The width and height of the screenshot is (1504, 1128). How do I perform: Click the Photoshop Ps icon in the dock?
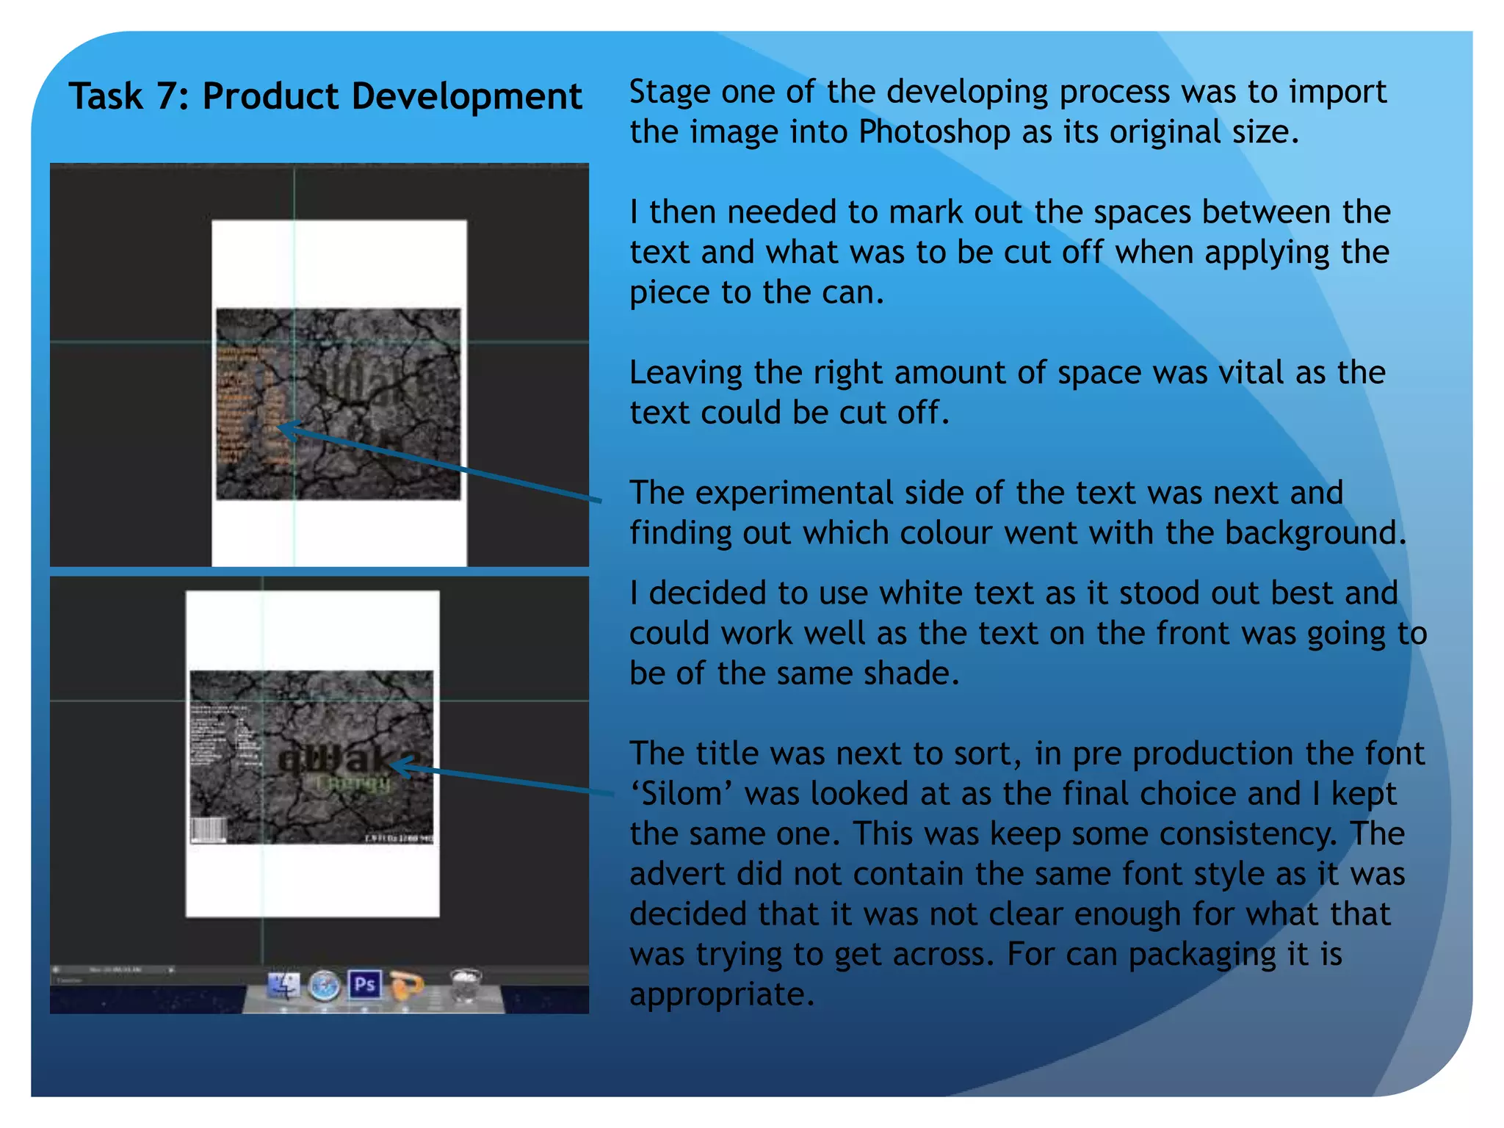coord(365,984)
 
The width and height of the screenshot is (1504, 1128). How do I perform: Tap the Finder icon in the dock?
coord(283,986)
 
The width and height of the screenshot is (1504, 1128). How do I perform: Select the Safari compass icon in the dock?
coord(324,986)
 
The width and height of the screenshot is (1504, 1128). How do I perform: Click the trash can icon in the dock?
coord(465,985)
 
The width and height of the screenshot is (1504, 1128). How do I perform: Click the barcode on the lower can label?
coord(209,830)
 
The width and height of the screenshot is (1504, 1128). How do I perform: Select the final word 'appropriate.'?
coord(722,994)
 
